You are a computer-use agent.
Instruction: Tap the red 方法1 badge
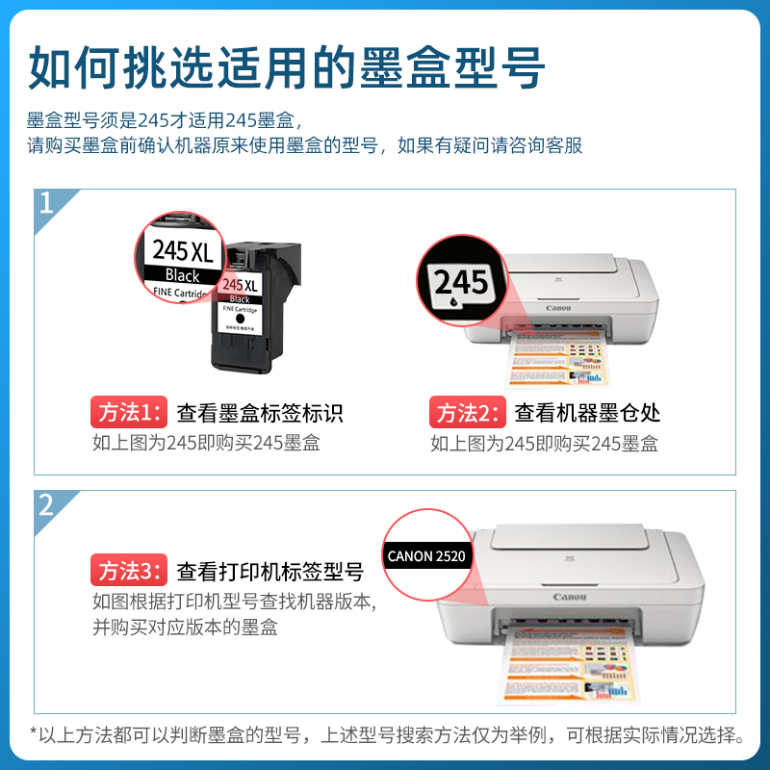(129, 413)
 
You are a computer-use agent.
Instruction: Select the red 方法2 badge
(467, 413)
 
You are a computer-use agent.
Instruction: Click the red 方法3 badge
(129, 571)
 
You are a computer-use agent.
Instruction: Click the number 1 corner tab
(47, 203)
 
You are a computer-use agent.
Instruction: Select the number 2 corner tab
(47, 504)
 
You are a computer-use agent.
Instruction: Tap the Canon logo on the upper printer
(559, 308)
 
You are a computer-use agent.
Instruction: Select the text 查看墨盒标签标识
(260, 414)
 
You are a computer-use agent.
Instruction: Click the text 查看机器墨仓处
(587, 414)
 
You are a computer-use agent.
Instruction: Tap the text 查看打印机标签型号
(269, 572)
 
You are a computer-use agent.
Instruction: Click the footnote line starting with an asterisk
(385, 736)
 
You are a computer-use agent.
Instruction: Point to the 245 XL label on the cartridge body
(241, 286)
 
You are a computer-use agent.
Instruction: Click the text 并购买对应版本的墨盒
(185, 627)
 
